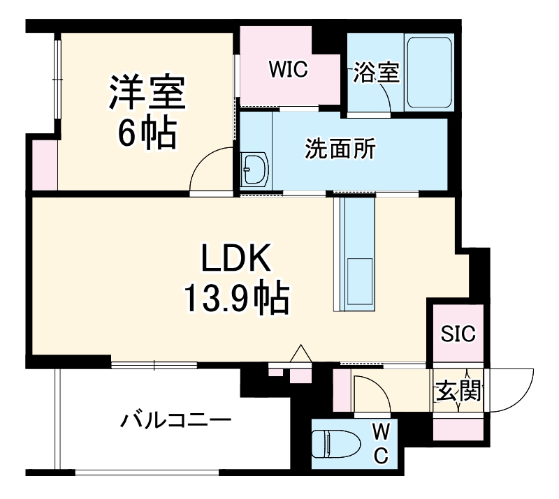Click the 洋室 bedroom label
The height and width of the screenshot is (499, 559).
[146, 93]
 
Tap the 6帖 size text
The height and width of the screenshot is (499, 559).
[146, 134]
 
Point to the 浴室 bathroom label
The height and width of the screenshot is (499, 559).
[377, 73]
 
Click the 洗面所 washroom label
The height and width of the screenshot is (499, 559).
[341, 150]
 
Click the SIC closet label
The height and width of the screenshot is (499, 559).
[458, 334]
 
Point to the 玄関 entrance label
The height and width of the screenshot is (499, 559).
[458, 392]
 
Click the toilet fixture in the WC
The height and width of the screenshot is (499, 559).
[335, 444]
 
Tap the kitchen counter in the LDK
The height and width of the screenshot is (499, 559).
[356, 253]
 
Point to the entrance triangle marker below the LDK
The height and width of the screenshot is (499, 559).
[300, 355]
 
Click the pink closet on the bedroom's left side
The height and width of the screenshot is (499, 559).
[43, 164]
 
